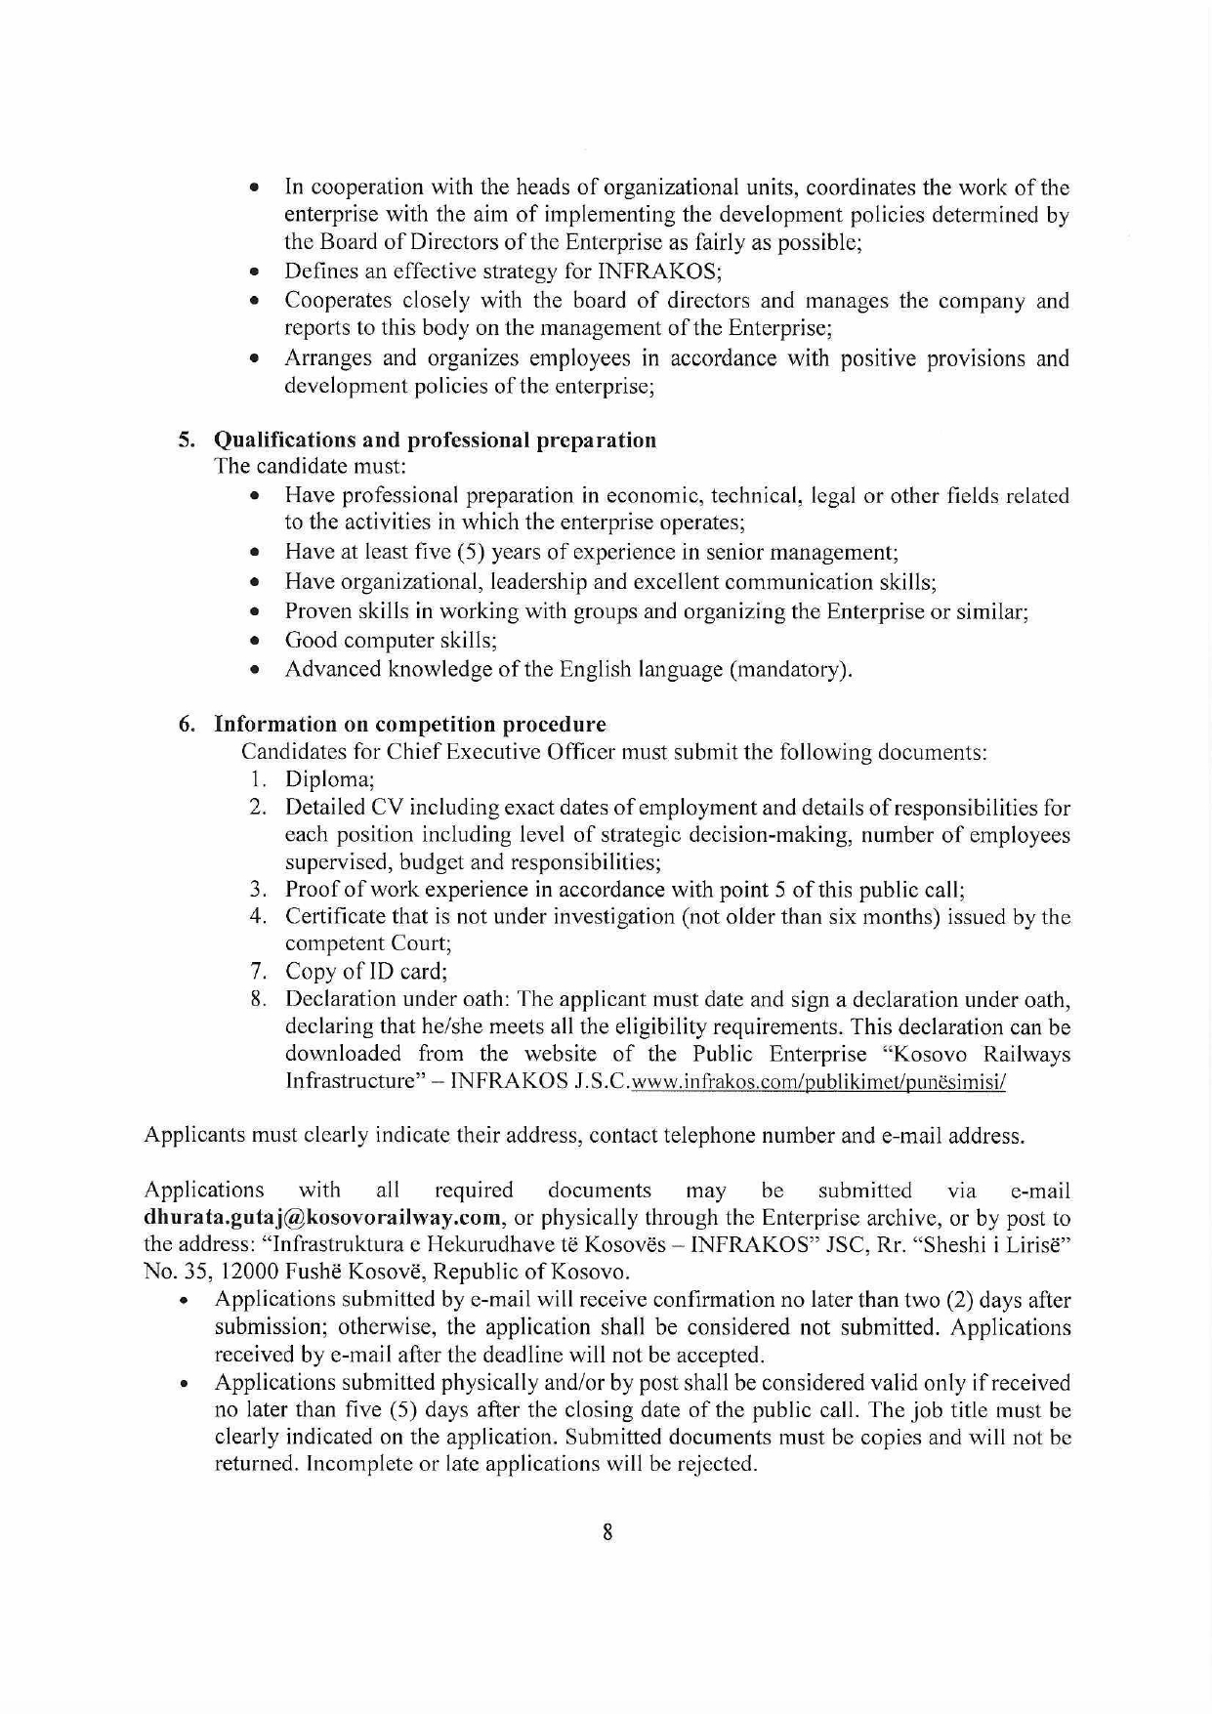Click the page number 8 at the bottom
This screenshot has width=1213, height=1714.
click(607, 1532)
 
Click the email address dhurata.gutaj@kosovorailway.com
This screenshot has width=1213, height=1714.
click(323, 1218)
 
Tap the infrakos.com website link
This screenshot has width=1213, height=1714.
click(818, 1082)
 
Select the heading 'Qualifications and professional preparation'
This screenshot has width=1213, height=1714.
click(435, 439)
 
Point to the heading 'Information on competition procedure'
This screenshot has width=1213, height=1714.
click(409, 724)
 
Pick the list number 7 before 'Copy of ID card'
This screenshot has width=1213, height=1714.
click(257, 971)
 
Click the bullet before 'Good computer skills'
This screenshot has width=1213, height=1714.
click(254, 642)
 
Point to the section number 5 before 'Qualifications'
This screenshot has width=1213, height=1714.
click(186, 439)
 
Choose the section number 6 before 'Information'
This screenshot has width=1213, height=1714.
click(186, 724)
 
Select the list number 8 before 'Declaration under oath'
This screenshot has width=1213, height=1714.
click(257, 999)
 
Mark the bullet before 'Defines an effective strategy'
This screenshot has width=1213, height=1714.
click(254, 272)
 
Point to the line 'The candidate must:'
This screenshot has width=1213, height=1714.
click(310, 467)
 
